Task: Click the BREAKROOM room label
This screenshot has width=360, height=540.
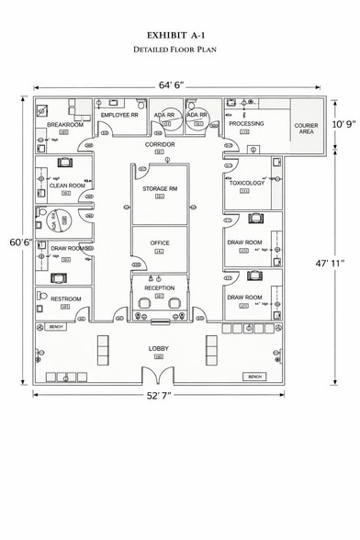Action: [x=65, y=124]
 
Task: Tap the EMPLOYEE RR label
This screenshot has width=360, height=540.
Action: [x=119, y=115]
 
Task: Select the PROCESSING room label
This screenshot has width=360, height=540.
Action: [x=246, y=123]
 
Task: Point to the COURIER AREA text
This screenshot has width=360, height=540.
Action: [x=306, y=128]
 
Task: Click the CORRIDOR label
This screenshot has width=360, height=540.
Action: [x=160, y=144]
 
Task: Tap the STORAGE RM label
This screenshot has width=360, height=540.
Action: [x=159, y=188]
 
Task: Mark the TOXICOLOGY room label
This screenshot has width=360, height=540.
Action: [x=246, y=183]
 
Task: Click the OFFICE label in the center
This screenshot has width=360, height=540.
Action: [x=160, y=242]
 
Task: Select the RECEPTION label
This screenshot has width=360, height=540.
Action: [x=159, y=287]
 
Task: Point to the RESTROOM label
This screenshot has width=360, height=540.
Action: [x=66, y=298]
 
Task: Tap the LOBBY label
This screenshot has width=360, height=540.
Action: [x=159, y=348]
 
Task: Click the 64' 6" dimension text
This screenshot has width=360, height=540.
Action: [x=172, y=84]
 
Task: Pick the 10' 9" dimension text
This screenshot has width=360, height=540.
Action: [x=343, y=122]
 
